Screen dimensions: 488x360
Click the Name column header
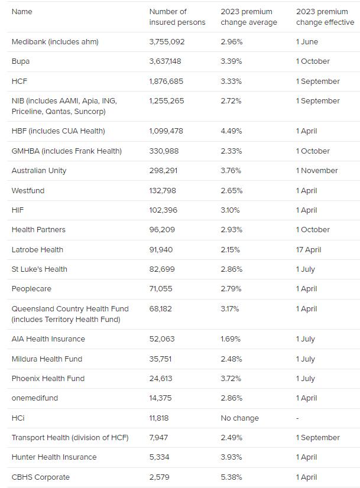point(22,12)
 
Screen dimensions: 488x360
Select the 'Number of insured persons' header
point(177,17)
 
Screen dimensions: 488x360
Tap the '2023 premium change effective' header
point(325,17)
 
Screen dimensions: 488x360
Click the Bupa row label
point(21,61)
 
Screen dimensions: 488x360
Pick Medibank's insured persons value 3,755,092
point(167,42)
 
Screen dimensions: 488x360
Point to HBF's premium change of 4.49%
point(231,131)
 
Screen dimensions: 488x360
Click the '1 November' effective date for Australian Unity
point(316,171)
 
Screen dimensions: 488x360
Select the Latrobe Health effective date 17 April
point(308,250)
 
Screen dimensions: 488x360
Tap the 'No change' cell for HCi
point(239,418)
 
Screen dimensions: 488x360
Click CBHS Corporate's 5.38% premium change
point(231,477)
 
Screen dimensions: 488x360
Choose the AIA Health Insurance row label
point(48,339)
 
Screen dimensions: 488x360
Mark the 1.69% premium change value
point(231,339)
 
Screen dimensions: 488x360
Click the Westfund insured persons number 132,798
point(163,191)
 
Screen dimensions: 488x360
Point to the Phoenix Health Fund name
point(48,379)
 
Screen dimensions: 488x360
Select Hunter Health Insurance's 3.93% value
point(231,457)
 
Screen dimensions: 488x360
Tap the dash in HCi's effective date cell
point(297,418)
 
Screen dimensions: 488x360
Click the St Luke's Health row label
point(40,269)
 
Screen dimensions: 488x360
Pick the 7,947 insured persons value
point(159,438)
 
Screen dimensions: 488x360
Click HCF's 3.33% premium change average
point(231,82)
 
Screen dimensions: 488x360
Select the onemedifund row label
point(35,398)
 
